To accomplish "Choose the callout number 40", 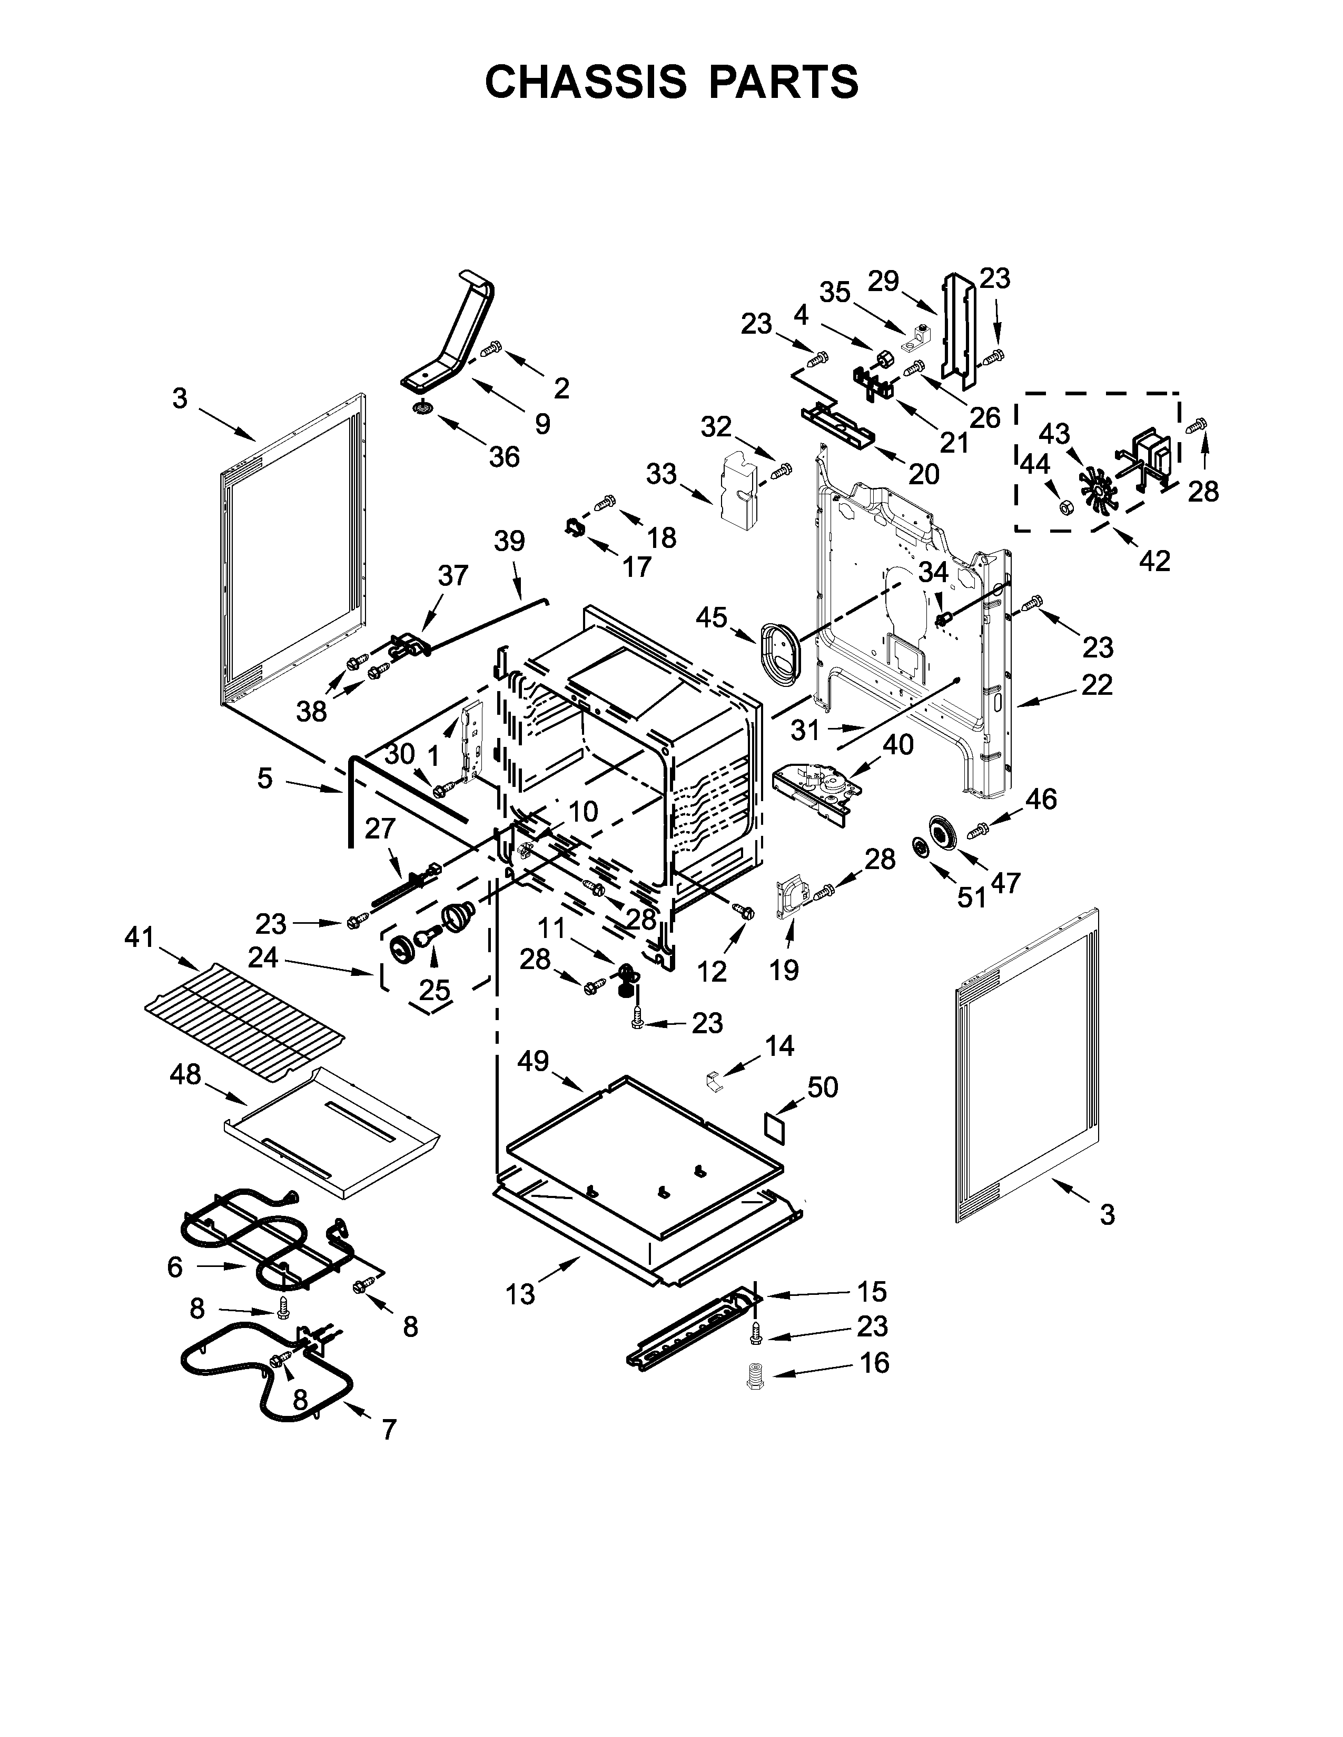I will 898,745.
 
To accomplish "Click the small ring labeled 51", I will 921,848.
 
